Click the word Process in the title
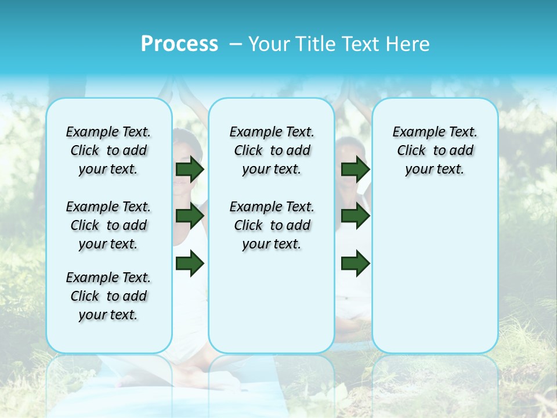click(x=179, y=44)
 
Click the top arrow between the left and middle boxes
click(x=190, y=169)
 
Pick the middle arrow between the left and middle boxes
click(x=190, y=216)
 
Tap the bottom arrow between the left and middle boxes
click(x=190, y=263)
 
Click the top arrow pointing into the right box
click(x=356, y=169)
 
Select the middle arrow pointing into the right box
click(x=356, y=216)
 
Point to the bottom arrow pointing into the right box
click(x=356, y=263)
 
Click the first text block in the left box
click(x=108, y=150)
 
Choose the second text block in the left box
click(x=108, y=225)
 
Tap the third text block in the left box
click(x=108, y=296)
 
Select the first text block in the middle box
click(x=272, y=150)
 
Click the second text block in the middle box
click(x=272, y=225)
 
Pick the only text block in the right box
click(x=435, y=150)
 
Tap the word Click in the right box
click(x=411, y=150)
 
